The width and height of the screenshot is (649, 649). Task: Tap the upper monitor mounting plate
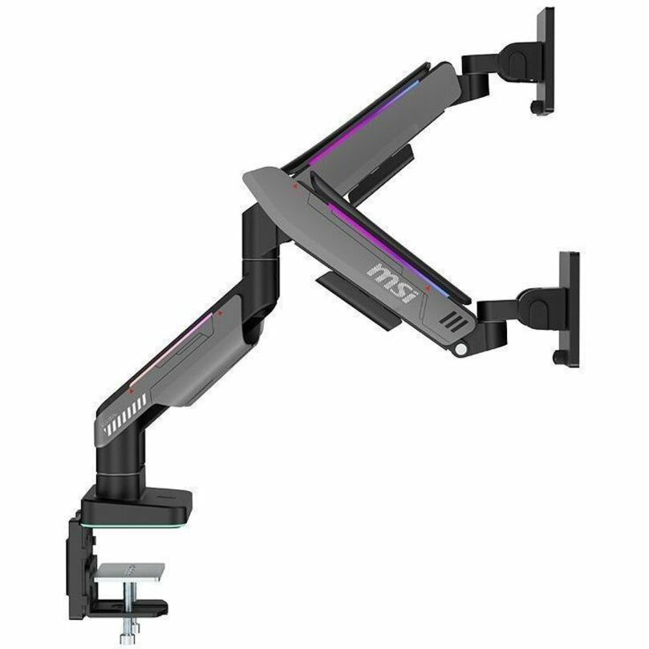[546, 60]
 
